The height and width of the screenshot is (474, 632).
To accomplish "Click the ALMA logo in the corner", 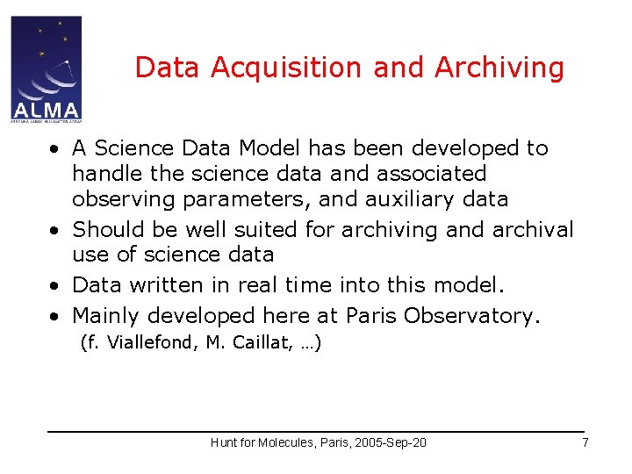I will click(x=46, y=68).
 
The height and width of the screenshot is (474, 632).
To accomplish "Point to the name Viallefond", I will click(x=148, y=343).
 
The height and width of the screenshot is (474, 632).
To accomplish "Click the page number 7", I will click(x=585, y=442).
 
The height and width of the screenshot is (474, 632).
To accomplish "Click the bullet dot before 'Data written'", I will click(x=55, y=286).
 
